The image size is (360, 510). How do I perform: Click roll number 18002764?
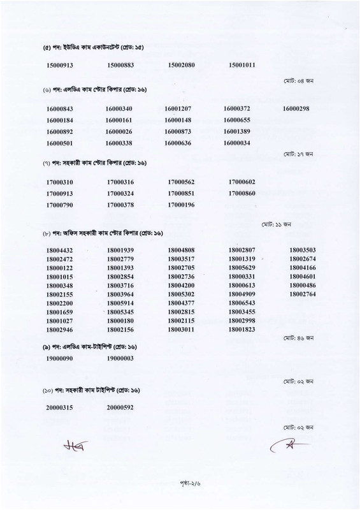303,294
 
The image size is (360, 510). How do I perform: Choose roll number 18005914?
120,303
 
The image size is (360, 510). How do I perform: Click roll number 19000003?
120,360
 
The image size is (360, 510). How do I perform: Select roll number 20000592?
120,407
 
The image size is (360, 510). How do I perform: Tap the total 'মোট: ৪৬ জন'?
298,335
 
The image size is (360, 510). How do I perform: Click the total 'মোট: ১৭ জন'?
298,154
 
